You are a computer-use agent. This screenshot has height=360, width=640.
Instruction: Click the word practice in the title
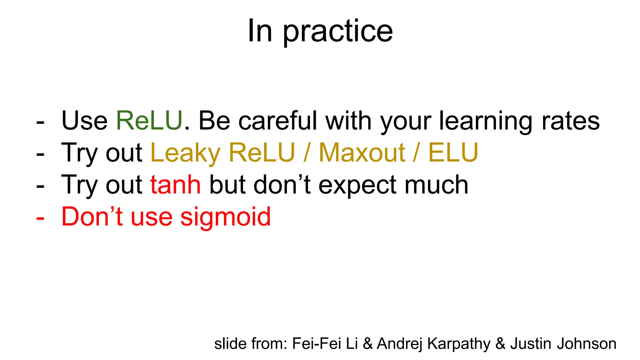coord(338,32)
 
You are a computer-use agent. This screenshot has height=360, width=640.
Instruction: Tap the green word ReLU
coord(149,121)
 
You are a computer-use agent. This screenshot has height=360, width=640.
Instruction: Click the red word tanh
coord(176,185)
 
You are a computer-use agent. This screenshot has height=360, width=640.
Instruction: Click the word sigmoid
coord(225,217)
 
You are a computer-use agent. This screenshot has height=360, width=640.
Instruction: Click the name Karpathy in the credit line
coord(459,344)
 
